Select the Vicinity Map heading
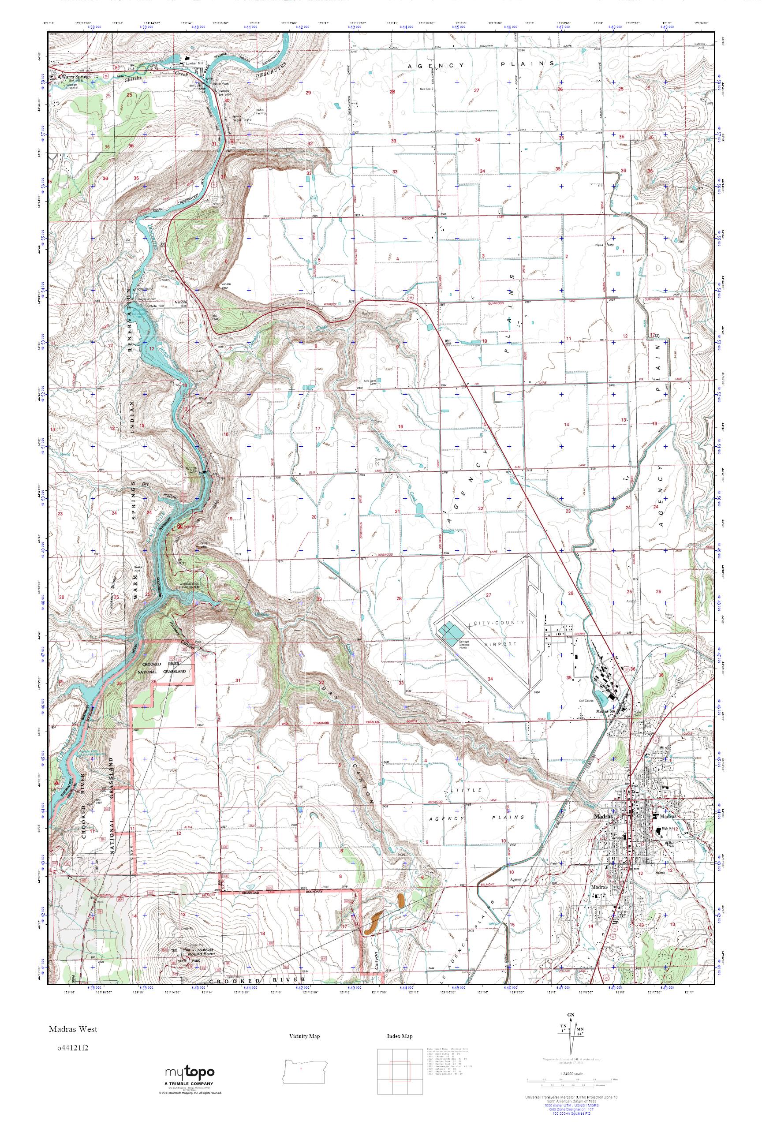pos(304,1036)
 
